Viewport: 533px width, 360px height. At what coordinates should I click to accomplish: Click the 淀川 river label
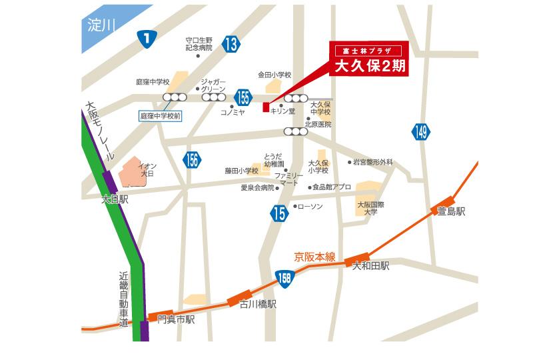102,26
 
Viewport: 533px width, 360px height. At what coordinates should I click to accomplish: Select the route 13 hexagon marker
231,45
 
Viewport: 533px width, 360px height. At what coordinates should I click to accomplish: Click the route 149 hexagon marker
420,132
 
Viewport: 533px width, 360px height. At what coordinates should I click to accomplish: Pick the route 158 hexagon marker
284,277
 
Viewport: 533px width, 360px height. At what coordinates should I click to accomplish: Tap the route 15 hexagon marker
278,213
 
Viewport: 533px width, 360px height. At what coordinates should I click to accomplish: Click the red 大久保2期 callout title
369,67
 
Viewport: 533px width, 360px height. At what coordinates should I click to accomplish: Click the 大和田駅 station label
371,265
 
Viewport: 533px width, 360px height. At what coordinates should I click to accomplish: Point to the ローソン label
308,206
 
